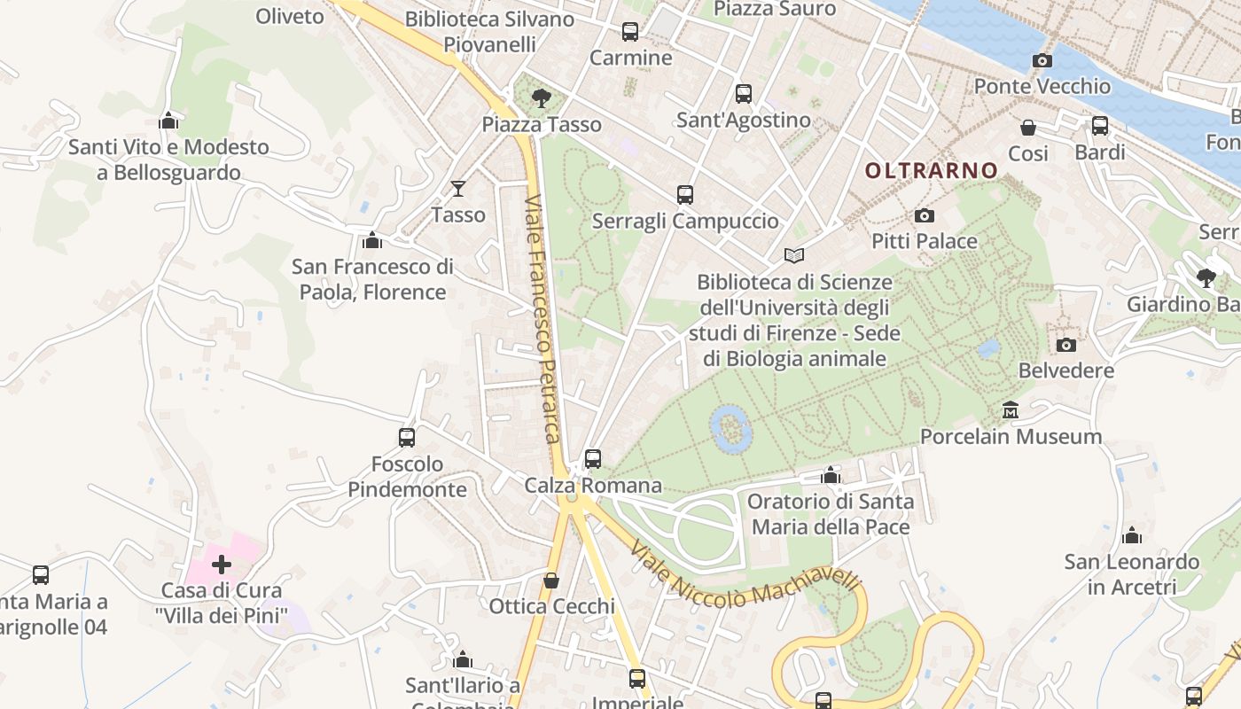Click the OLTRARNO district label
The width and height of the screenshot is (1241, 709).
(x=931, y=170)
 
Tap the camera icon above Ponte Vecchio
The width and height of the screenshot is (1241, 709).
(x=1042, y=61)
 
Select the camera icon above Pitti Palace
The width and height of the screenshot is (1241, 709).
(x=924, y=215)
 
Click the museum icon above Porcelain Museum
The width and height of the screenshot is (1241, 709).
(x=1011, y=410)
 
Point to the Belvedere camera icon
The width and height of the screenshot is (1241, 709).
(x=1066, y=345)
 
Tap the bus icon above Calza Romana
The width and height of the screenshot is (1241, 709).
(x=593, y=459)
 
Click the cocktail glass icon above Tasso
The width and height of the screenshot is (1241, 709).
(x=458, y=188)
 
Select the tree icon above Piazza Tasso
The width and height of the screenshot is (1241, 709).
(x=541, y=98)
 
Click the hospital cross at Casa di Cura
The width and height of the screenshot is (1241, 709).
(x=222, y=564)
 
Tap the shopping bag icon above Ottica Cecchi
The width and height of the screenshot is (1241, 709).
(x=551, y=580)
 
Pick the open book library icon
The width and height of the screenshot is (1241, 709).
(x=794, y=256)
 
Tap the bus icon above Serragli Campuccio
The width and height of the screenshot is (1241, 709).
(x=684, y=195)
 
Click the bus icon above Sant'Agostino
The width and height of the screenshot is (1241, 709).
(x=744, y=94)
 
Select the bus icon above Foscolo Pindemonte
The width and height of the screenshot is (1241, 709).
(x=407, y=437)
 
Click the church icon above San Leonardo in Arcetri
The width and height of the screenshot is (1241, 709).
(x=1131, y=535)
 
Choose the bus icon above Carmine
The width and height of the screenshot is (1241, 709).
(x=630, y=32)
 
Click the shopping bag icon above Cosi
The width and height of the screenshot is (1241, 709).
(x=1028, y=128)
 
